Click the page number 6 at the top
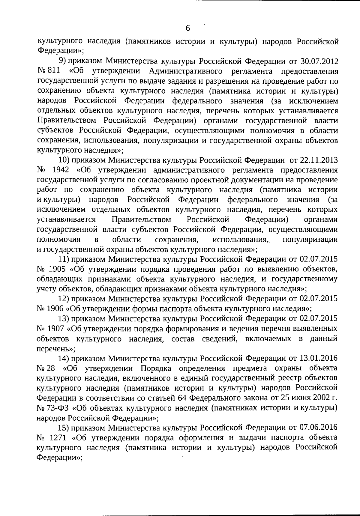188,28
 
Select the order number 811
53,71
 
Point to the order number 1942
60,170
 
